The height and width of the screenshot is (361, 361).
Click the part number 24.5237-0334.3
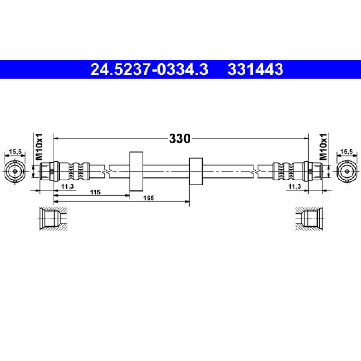(149, 69)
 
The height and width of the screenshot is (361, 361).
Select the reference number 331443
(255, 69)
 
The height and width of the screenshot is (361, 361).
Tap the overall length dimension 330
(180, 139)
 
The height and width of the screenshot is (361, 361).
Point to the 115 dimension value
(95, 192)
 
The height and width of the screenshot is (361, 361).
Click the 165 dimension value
(149, 198)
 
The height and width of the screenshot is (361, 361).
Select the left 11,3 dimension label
(67, 186)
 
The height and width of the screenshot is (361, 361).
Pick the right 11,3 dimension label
(295, 186)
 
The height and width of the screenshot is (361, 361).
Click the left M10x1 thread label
(39, 147)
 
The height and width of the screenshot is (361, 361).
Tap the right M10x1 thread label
(323, 147)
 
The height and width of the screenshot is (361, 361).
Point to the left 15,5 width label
(15, 152)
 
